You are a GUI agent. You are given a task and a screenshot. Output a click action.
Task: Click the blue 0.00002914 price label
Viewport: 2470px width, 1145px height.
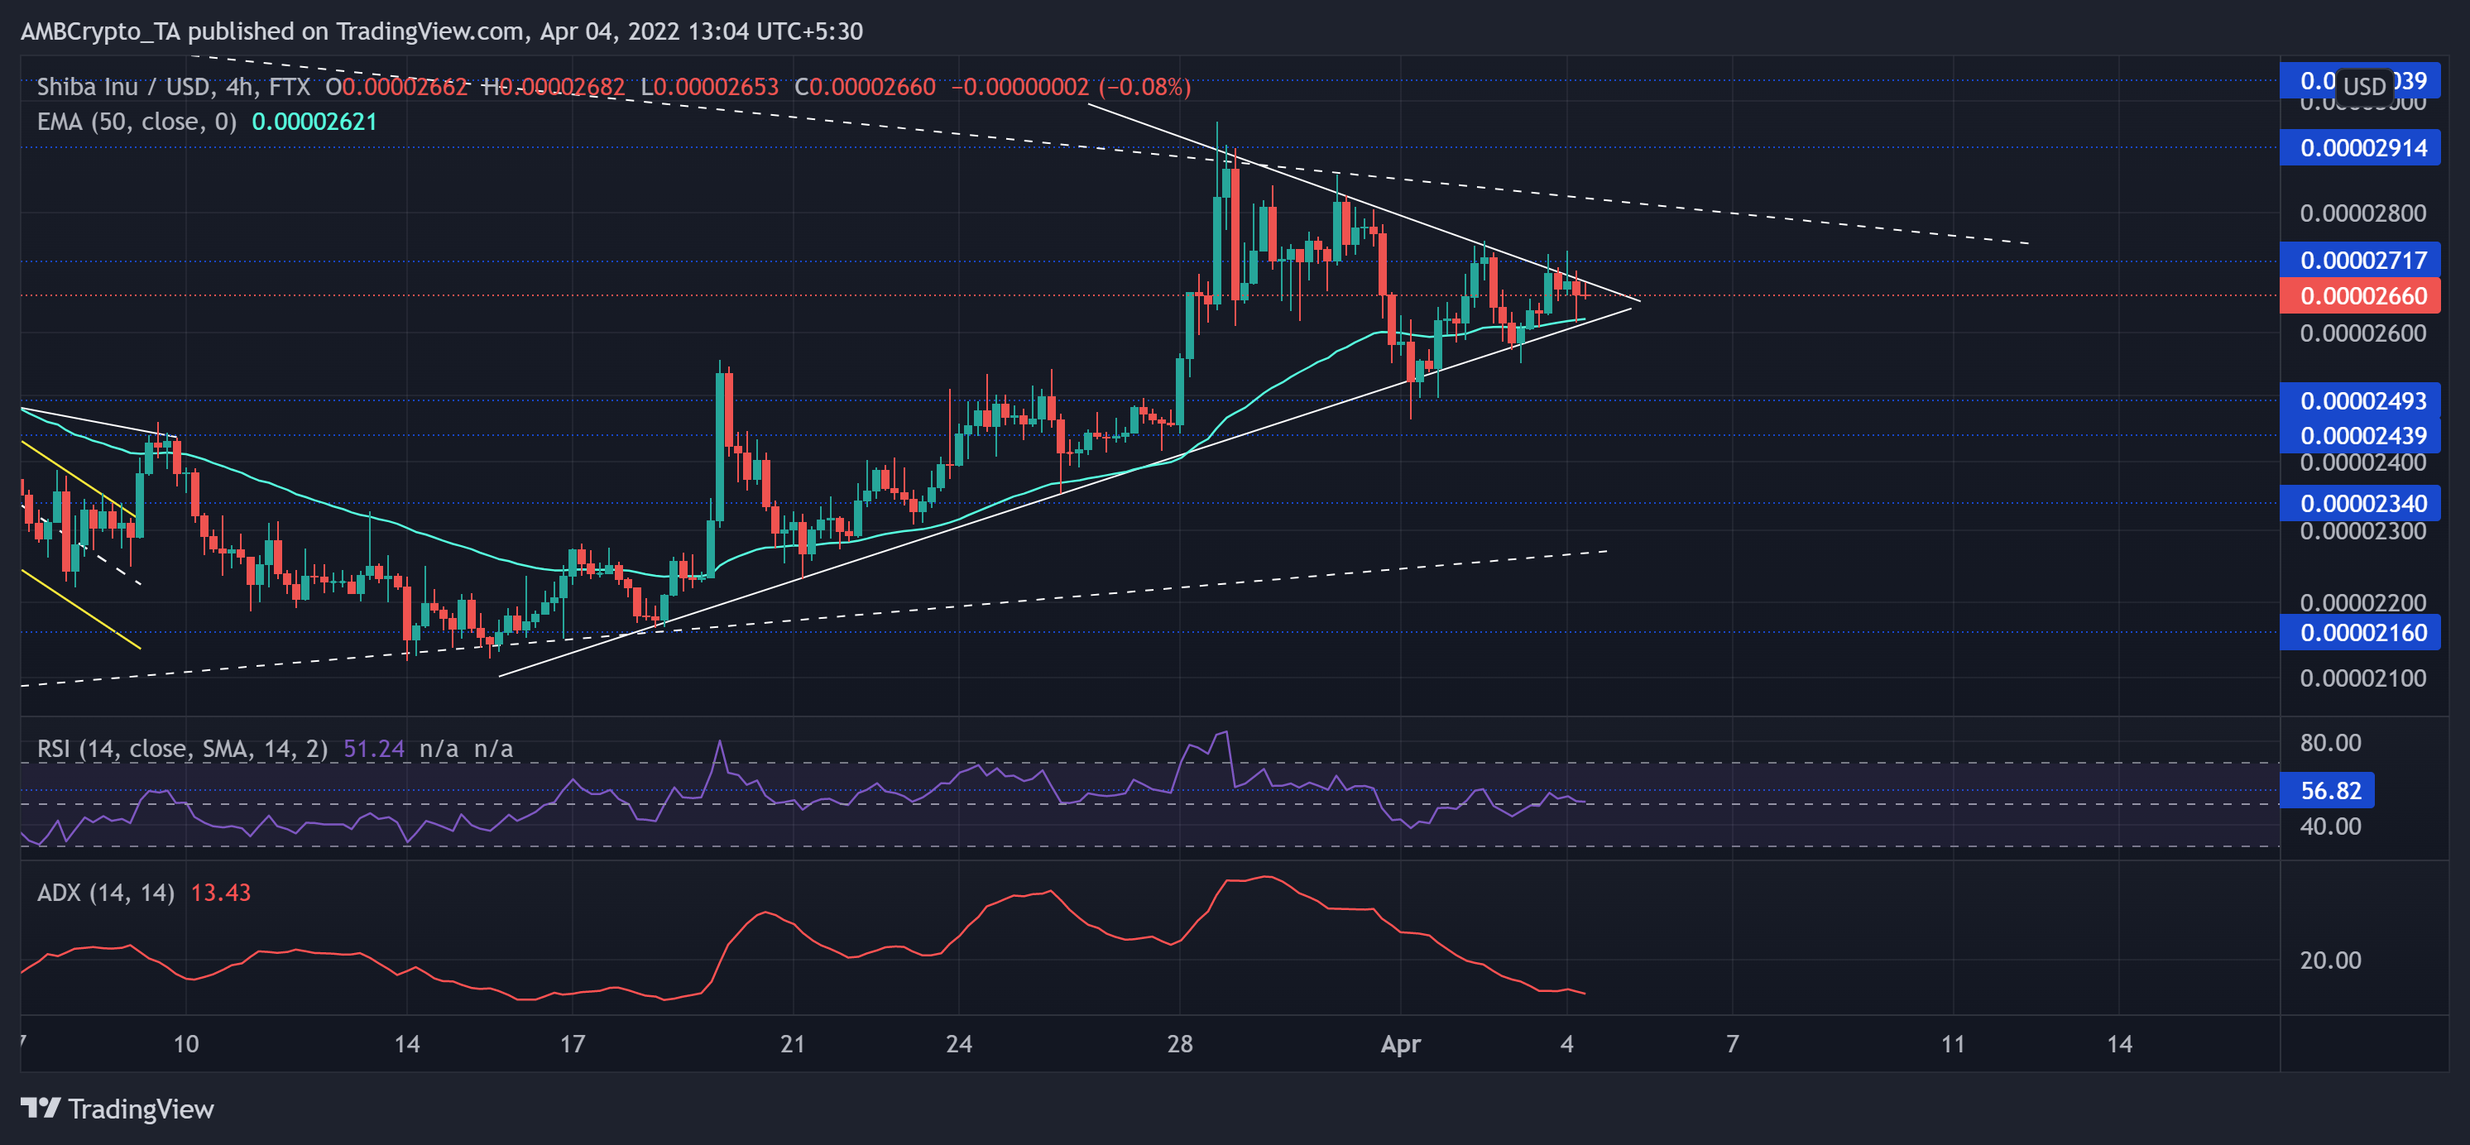(x=2362, y=148)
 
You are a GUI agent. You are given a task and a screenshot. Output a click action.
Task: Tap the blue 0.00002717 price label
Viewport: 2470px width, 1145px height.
(x=2362, y=260)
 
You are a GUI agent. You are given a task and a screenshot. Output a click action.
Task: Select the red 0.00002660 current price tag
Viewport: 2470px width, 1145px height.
(x=2362, y=295)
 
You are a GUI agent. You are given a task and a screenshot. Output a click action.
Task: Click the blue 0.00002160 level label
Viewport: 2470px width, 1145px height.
(x=2362, y=632)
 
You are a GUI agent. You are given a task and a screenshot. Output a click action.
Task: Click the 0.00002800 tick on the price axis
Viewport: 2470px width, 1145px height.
(x=2362, y=213)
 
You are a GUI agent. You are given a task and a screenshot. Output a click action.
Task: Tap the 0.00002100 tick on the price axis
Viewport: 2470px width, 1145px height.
(x=2362, y=678)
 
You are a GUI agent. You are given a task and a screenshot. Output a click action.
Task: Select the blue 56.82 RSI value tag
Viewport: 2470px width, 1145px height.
(x=2330, y=790)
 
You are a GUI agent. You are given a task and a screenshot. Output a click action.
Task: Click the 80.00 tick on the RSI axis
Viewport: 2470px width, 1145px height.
(x=2330, y=742)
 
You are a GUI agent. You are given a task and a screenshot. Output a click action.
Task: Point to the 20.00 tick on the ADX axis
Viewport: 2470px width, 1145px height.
(x=2330, y=960)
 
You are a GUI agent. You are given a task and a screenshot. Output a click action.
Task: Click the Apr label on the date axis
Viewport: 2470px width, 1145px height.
(x=1400, y=1043)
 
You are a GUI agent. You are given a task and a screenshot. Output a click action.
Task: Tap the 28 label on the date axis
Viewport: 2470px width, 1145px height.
(x=1179, y=1043)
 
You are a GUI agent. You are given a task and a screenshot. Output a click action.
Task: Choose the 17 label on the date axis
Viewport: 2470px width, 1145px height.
(x=573, y=1043)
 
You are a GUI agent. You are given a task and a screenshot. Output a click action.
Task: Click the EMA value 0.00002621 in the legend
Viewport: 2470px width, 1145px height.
(x=314, y=122)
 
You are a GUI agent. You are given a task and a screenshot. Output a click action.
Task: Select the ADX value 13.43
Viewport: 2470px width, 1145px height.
(x=221, y=893)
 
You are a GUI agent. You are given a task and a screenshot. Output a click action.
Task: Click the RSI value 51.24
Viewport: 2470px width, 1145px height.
(x=373, y=748)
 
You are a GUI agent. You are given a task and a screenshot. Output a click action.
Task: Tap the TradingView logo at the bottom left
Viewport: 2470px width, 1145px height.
(x=117, y=1109)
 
